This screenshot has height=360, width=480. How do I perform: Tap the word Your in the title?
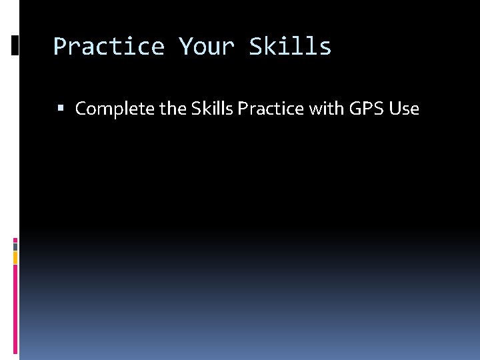click(207, 47)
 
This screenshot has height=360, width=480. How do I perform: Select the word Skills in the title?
click(290, 47)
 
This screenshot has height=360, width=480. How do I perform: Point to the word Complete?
click(115, 109)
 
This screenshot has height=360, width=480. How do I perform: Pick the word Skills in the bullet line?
click(209, 109)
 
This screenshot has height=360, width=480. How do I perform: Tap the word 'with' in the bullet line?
click(325, 109)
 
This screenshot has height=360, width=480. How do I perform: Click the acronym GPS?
click(365, 109)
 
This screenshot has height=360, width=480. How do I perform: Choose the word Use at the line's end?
click(403, 109)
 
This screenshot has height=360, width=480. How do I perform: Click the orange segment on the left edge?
click(15, 257)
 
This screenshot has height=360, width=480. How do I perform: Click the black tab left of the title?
click(15, 45)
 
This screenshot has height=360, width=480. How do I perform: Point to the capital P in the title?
click(59, 47)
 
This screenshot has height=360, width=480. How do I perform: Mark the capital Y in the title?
click(185, 47)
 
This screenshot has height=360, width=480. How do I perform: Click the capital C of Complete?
click(82, 109)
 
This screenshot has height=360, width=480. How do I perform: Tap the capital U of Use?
click(395, 109)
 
